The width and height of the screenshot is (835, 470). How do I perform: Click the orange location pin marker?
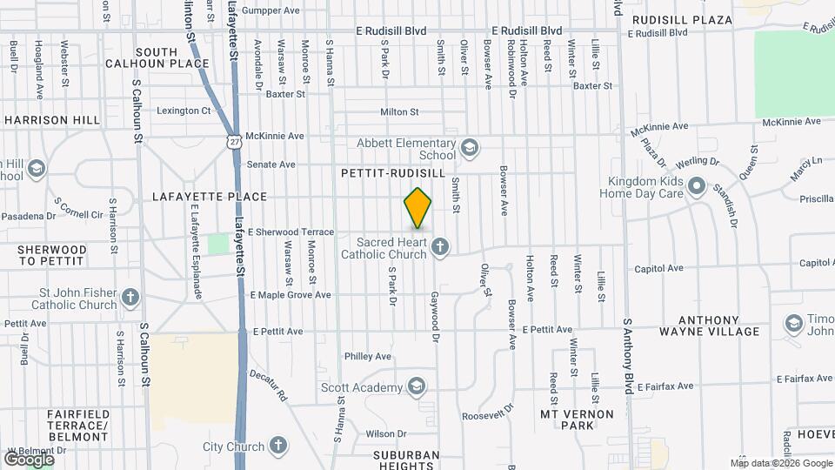(417, 207)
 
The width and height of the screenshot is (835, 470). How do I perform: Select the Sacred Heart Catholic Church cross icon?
(440, 247)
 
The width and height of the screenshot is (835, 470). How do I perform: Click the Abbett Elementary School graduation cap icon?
(470, 148)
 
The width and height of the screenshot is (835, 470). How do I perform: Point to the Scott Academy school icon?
(417, 386)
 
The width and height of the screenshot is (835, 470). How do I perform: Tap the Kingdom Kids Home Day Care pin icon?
(696, 186)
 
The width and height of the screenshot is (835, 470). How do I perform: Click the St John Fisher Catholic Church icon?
(130, 298)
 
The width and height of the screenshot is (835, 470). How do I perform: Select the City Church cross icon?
(278, 446)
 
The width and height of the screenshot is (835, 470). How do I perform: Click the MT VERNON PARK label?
(578, 419)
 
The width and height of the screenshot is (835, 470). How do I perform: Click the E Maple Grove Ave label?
(291, 295)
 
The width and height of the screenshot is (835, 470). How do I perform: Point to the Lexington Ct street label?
(184, 111)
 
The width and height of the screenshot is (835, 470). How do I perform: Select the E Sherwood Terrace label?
(291, 232)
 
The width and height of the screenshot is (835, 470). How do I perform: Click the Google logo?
(29, 459)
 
